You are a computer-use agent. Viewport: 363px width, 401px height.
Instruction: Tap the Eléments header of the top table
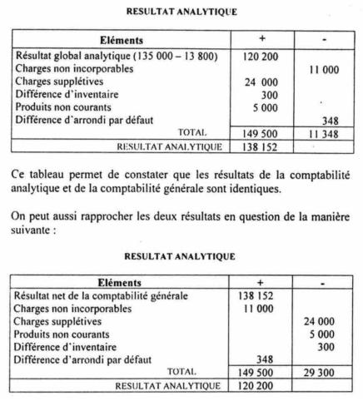click(121, 38)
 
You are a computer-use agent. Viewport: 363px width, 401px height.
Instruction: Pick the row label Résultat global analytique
click(98, 55)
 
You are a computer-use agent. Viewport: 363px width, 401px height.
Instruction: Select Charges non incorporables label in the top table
click(73, 69)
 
